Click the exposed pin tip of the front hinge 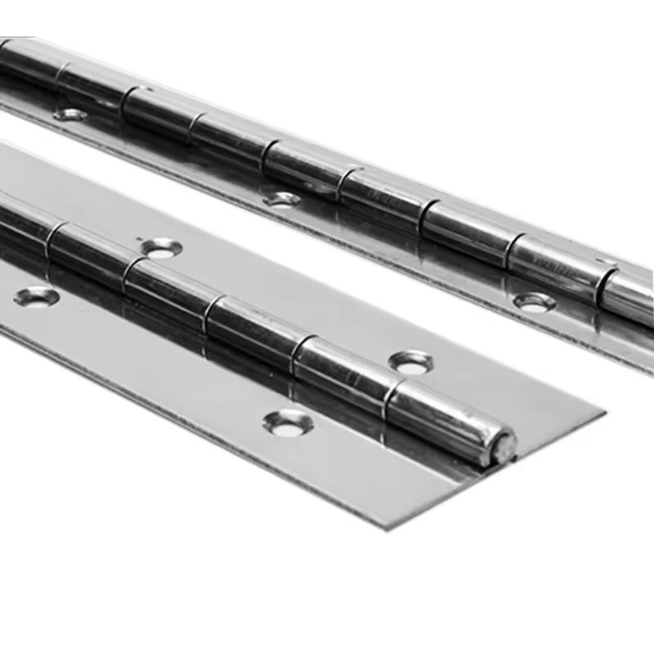504,446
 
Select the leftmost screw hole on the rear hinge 70,114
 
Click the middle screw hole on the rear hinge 282,199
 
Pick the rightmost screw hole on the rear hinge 534,302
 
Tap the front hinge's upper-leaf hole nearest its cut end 411,362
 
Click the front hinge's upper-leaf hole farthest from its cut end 160,247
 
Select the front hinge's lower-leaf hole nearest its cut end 288,422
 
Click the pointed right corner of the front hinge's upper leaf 603,412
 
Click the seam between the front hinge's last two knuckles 391,392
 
